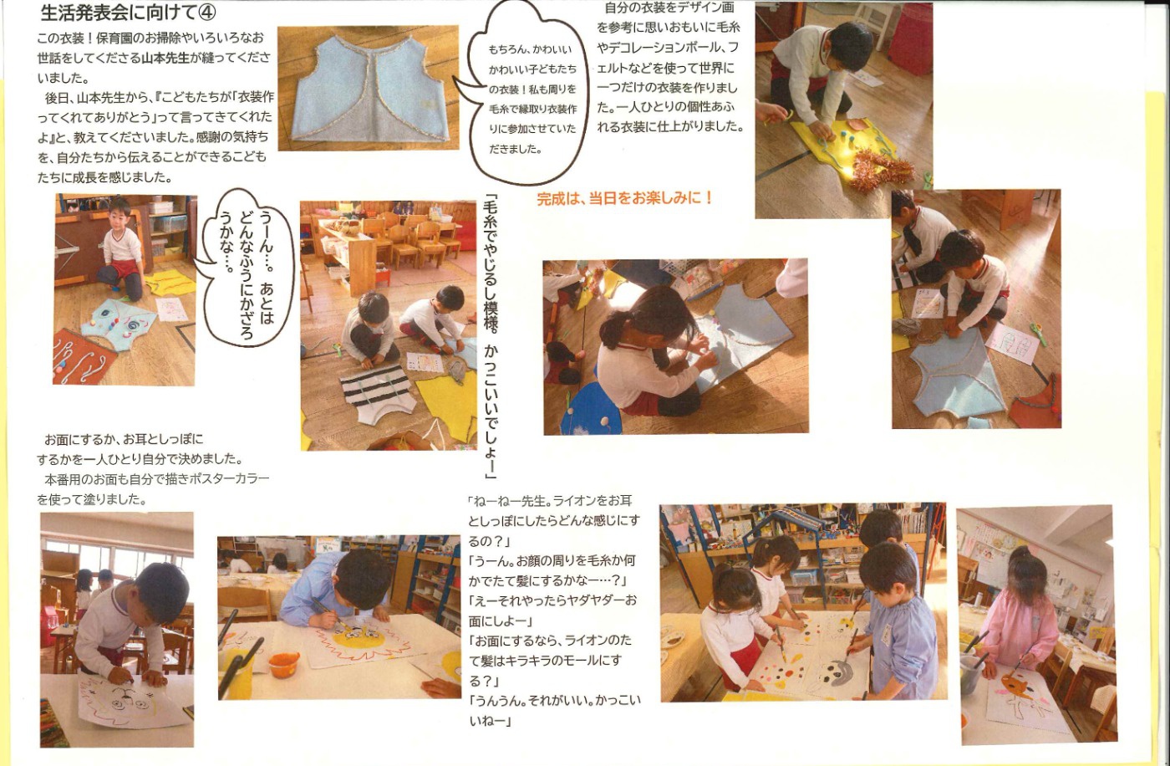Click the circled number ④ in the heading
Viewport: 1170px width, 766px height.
(207, 13)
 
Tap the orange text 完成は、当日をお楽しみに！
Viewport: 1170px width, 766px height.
(625, 198)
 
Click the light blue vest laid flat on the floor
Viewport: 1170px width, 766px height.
(369, 88)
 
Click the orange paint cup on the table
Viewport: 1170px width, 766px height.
(283, 663)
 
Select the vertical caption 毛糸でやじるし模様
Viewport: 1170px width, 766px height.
(491, 337)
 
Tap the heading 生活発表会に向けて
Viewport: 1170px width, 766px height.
(120, 13)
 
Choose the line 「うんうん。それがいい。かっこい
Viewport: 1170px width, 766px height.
(555, 701)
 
